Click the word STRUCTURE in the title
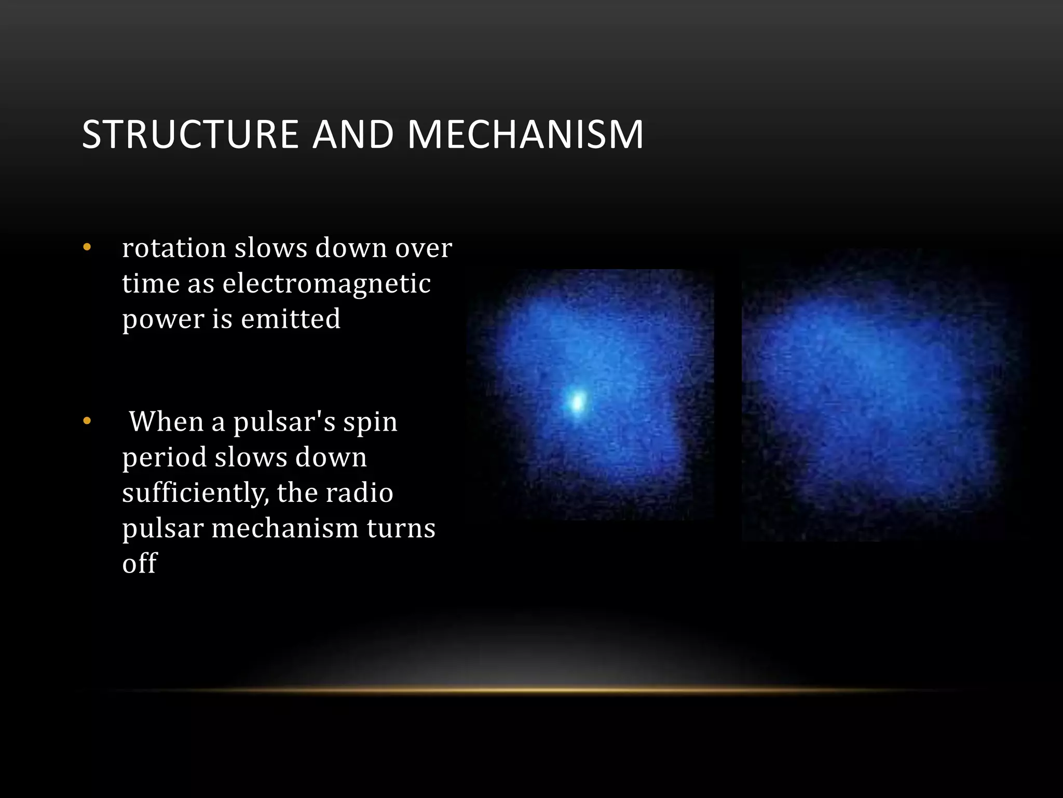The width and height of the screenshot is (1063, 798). (190, 135)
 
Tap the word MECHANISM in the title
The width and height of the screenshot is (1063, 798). (525, 135)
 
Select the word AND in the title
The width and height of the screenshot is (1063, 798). (353, 135)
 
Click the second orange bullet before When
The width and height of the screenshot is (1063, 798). (87, 421)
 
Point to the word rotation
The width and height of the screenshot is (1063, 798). (174, 248)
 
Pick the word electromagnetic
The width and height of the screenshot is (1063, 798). (326, 284)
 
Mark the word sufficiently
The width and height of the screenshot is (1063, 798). (195, 493)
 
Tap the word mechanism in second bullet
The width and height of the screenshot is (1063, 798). (284, 528)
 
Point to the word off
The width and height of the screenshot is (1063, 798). (139, 563)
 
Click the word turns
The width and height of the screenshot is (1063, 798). (401, 528)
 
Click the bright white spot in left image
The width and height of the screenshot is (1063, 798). (577, 402)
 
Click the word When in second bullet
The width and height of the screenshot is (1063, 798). (166, 422)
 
